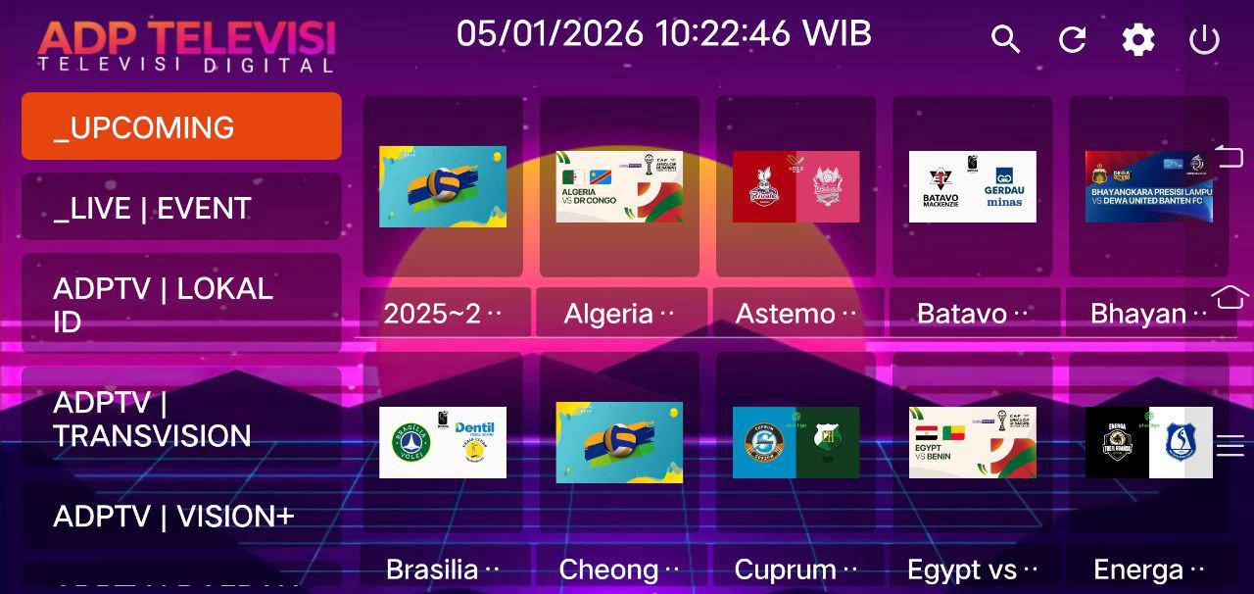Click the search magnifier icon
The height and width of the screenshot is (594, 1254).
click(x=1005, y=40)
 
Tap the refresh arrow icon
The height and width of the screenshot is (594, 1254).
click(x=1073, y=40)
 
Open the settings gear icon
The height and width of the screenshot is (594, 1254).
click(x=1138, y=40)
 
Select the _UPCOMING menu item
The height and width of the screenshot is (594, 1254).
click(x=181, y=126)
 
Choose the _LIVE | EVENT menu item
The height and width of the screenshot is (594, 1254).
click(x=181, y=208)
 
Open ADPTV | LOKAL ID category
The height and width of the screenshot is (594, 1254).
click(x=181, y=304)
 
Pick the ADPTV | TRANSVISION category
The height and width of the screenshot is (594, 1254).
click(x=181, y=419)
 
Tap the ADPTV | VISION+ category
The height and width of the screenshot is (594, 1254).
click(x=181, y=517)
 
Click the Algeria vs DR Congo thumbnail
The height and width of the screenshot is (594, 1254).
click(x=619, y=186)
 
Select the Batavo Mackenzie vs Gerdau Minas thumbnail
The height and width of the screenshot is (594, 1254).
click(x=972, y=186)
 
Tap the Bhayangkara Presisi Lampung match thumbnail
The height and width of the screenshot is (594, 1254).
click(x=1148, y=186)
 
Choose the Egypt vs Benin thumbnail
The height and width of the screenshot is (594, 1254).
click(x=972, y=442)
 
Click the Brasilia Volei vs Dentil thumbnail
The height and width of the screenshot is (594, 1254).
click(x=443, y=442)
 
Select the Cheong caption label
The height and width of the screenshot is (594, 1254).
click(x=620, y=569)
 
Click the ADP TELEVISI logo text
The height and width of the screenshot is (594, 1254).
click(x=186, y=39)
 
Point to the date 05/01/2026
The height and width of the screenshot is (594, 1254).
click(x=550, y=34)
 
